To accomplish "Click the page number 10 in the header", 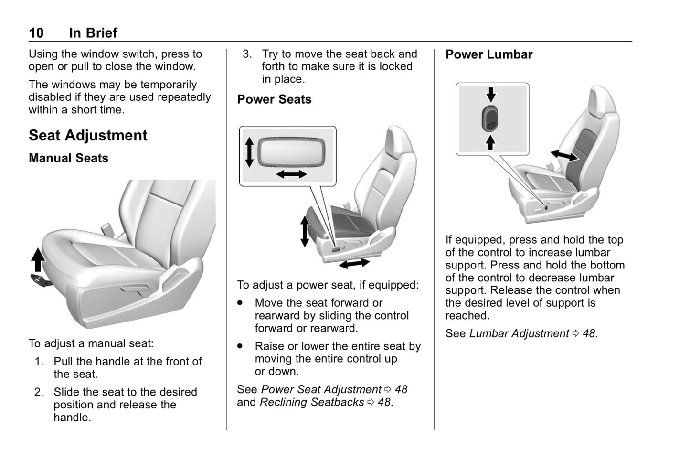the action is (36, 32).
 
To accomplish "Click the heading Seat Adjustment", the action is (88, 135).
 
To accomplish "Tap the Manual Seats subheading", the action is (68, 158).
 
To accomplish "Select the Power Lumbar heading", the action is (489, 54).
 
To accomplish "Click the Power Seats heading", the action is (274, 99).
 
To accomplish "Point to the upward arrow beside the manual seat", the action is (38, 259).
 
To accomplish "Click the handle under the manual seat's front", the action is (41, 280).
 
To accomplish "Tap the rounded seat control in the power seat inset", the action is (291, 152).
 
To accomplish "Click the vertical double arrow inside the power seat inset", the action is (249, 152).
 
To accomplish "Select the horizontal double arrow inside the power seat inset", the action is (291, 174).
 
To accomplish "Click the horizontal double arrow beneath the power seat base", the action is (354, 264).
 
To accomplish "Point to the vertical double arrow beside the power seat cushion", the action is (305, 231).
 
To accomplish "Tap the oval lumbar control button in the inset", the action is (490, 118).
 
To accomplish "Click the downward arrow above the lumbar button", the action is (491, 94).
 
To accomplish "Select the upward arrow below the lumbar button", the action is (490, 142).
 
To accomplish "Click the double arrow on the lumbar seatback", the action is (564, 155).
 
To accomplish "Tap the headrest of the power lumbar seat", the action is (602, 102).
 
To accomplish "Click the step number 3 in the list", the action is (247, 54).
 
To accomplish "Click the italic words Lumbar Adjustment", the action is (519, 333).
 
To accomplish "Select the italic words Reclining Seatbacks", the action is (312, 402).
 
